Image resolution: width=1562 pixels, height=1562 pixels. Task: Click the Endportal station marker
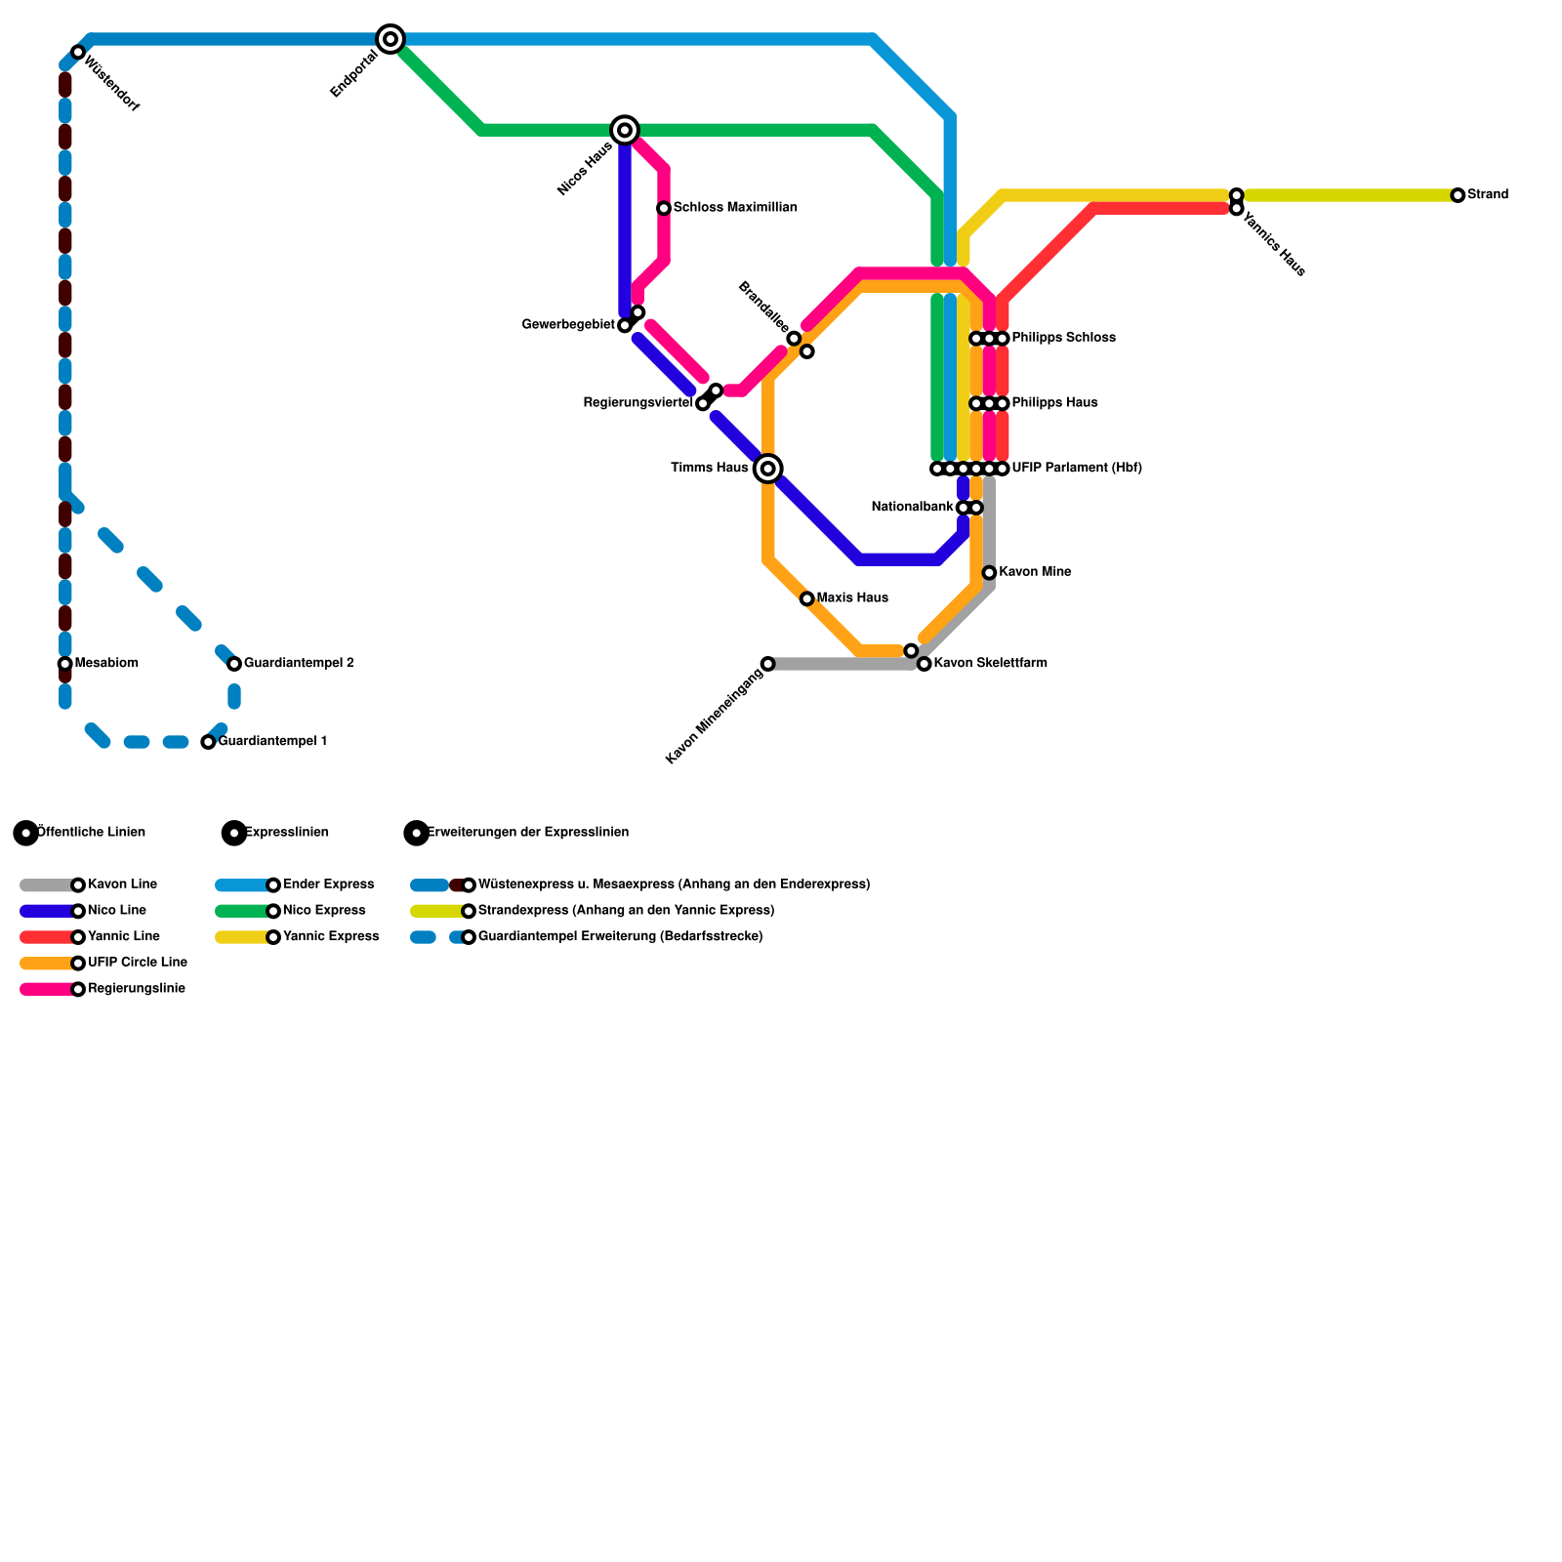click(x=390, y=39)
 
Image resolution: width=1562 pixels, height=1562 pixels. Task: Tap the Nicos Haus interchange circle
click(x=625, y=130)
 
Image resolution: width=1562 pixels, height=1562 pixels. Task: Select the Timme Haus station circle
click(x=768, y=469)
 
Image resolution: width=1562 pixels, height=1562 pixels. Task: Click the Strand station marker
click(x=1458, y=195)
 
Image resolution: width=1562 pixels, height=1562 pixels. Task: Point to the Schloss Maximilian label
click(x=735, y=208)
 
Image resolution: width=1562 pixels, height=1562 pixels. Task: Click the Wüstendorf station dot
click(x=78, y=52)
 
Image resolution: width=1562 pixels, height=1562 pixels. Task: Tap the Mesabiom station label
click(x=106, y=664)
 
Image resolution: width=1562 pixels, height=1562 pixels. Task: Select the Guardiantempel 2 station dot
click(x=234, y=664)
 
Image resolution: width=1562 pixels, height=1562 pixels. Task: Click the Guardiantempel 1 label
click(x=272, y=742)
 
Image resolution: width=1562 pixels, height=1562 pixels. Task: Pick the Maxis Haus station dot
click(x=806, y=598)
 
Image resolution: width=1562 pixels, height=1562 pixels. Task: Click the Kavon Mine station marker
click(x=989, y=573)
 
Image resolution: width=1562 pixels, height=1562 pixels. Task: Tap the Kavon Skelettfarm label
click(x=990, y=664)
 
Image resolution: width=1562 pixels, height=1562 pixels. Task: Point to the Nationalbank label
click(x=912, y=508)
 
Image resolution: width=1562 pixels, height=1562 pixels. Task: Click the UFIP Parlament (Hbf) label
click(x=1077, y=469)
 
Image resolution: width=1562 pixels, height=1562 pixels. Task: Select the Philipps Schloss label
click(x=1063, y=339)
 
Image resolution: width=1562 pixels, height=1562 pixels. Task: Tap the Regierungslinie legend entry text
click(x=137, y=989)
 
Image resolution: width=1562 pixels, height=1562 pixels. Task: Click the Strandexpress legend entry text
click(x=626, y=911)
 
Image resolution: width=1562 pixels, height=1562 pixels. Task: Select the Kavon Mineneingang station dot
click(x=767, y=664)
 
